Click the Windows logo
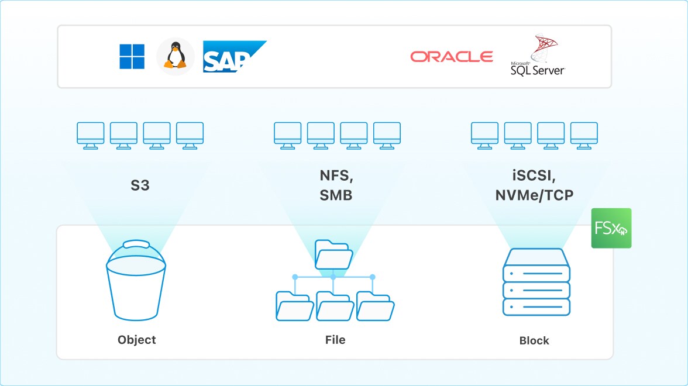[x=132, y=57]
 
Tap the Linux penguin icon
[x=175, y=57]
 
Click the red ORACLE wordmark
[x=451, y=57]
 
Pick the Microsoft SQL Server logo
[x=537, y=57]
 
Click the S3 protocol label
[x=140, y=187]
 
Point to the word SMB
[x=336, y=196]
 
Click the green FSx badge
[x=611, y=228]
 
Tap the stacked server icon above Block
[x=536, y=282]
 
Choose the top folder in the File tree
[x=333, y=253]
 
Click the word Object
[x=137, y=340]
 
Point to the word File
[x=335, y=340]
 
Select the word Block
[x=534, y=341]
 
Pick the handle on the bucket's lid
[x=136, y=243]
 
